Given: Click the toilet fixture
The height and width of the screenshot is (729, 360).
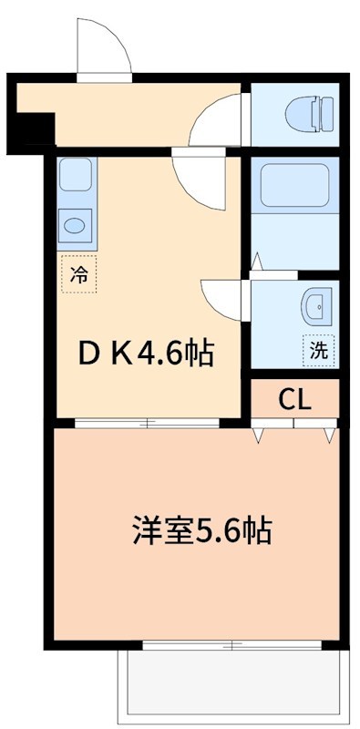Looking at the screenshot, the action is click(x=309, y=114).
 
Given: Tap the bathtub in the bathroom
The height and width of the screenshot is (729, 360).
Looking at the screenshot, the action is click(x=294, y=185).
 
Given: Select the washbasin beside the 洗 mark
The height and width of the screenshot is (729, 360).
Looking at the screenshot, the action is click(x=317, y=306).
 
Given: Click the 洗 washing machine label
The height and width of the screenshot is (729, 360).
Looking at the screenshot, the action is click(x=319, y=351).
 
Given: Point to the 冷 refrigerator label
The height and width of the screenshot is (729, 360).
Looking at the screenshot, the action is click(x=78, y=274).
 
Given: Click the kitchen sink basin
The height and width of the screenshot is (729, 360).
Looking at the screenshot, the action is click(x=75, y=226).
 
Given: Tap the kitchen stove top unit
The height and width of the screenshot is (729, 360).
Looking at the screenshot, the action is click(x=76, y=174).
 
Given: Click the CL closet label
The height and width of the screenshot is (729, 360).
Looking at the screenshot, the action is click(x=295, y=399).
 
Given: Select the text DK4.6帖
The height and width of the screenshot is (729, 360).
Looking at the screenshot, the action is click(x=146, y=354).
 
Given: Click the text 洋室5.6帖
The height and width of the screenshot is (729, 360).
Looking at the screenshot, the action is click(x=202, y=530).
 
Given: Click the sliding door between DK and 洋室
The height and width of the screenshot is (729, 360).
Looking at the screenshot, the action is click(x=147, y=423).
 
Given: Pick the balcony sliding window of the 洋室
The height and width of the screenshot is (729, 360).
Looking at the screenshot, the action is click(x=232, y=645).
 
